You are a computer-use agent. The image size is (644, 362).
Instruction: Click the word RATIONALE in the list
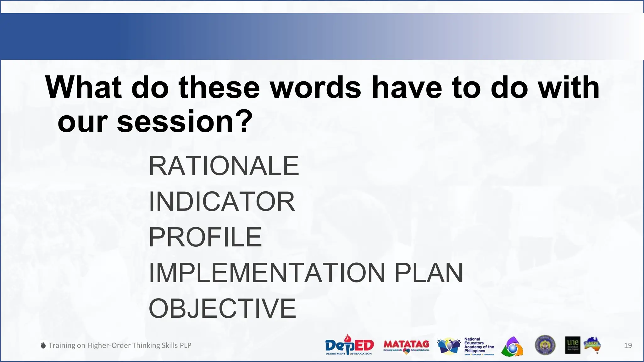(x=224, y=166)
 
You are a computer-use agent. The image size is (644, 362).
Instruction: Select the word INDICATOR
(x=222, y=201)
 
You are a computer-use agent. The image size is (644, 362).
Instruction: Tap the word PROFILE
(x=205, y=237)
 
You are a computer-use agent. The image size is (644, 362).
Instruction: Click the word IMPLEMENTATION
(x=267, y=273)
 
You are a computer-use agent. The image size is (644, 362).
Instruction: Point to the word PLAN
(x=428, y=273)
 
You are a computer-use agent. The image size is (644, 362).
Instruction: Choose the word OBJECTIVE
(x=222, y=308)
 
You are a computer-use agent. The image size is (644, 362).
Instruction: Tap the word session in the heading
(x=175, y=122)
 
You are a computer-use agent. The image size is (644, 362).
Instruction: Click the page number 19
(x=628, y=346)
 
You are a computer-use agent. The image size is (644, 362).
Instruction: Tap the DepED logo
(x=349, y=345)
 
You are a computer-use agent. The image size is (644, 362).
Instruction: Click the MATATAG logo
(x=406, y=346)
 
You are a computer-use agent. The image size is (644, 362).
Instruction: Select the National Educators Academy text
(x=479, y=345)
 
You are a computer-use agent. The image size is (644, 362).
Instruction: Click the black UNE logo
(x=572, y=345)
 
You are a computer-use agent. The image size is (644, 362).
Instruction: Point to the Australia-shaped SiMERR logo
(x=592, y=345)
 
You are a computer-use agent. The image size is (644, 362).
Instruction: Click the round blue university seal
(x=545, y=345)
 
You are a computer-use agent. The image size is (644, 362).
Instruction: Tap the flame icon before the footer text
(x=43, y=345)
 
